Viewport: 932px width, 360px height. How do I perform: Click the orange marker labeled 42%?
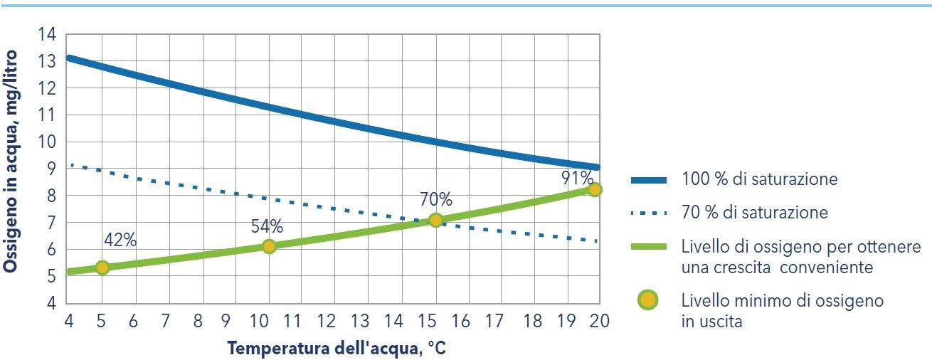coord(102,268)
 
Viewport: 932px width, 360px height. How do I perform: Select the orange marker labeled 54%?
coord(269,246)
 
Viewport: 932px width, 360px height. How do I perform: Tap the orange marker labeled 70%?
coord(435,220)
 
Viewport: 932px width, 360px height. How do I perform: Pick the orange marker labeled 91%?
coord(595,189)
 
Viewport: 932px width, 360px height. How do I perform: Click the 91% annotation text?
coord(576,177)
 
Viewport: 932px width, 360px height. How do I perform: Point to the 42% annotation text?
coord(120,240)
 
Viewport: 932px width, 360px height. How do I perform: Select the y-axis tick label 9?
coord(51,169)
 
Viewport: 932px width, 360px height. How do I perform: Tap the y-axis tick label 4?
coord(51,303)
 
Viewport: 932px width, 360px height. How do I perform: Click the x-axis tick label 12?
coord(327,321)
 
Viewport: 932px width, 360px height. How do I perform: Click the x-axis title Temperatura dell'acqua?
coord(336,349)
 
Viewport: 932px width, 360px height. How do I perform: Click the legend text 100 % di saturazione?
coord(759,179)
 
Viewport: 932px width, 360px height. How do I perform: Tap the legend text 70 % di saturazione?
coord(754,212)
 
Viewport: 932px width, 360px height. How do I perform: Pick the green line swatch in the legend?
coord(648,247)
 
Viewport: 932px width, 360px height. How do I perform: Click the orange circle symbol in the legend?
coord(648,300)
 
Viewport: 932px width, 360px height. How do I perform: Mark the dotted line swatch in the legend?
coord(648,213)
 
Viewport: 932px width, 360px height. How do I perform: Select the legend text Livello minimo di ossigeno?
coord(782,300)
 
